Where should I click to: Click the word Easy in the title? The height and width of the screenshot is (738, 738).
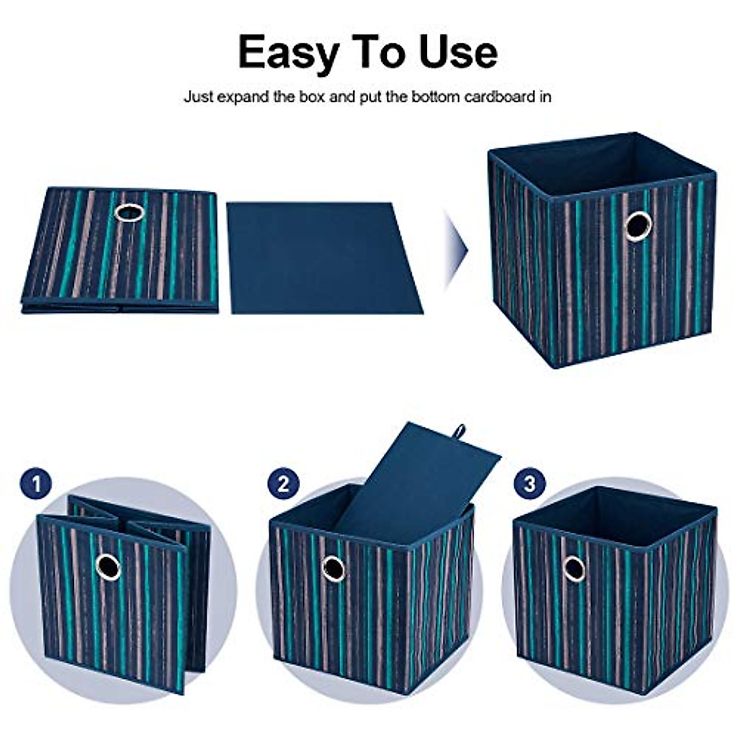[x=287, y=52]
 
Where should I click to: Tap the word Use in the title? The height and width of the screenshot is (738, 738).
[x=458, y=52]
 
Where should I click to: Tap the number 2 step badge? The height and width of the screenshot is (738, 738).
[x=283, y=484]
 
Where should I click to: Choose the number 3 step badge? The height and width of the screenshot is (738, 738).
[x=530, y=484]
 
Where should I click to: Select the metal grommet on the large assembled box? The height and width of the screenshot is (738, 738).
[x=638, y=226]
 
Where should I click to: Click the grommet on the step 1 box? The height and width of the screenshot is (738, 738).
[x=108, y=566]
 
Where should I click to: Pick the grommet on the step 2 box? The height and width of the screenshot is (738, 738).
[x=333, y=569]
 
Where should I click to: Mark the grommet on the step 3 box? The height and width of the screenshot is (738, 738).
[x=574, y=569]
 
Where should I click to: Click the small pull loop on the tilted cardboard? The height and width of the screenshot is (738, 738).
[x=459, y=431]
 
